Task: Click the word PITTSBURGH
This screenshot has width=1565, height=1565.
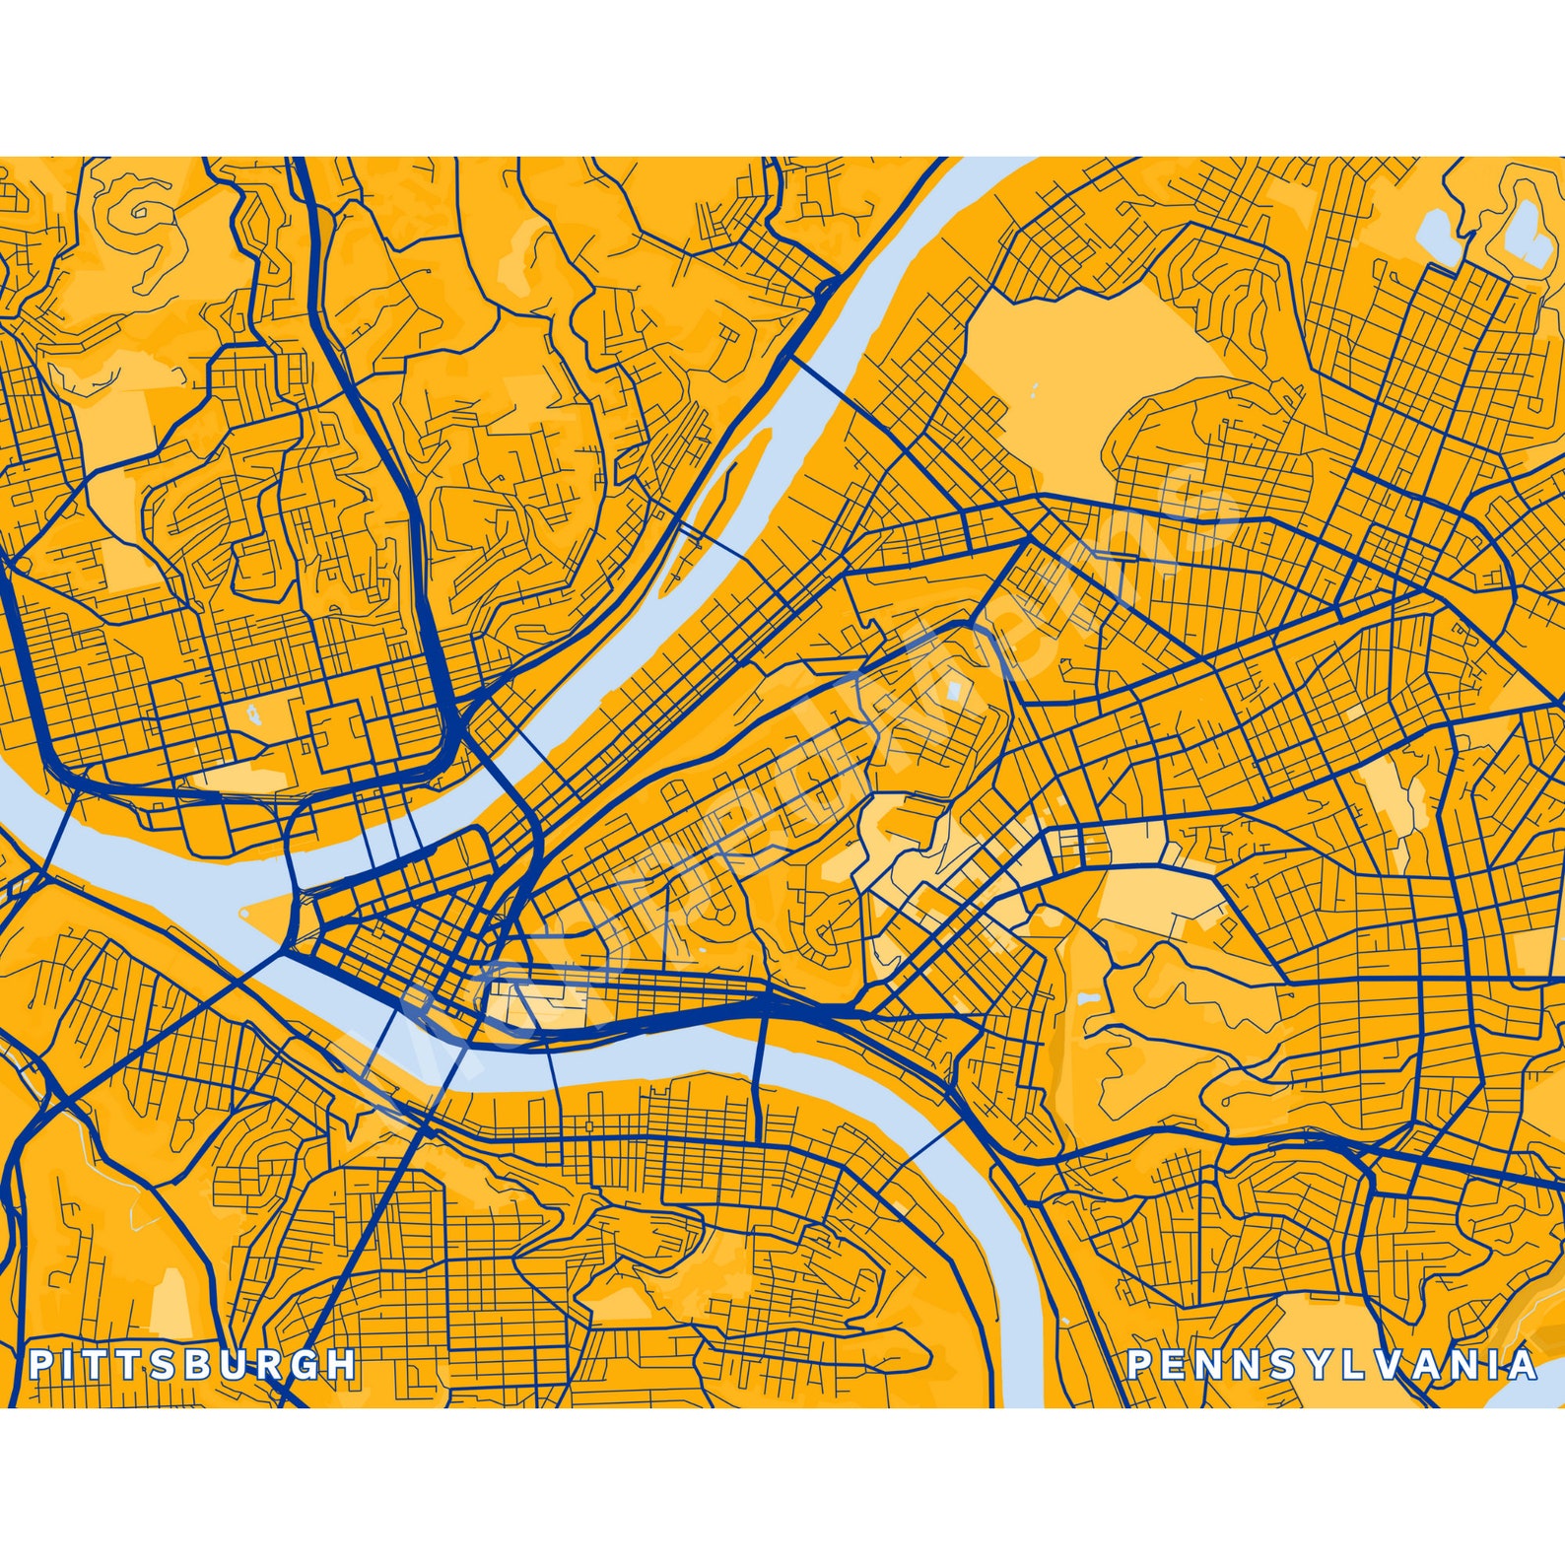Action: click(192, 1364)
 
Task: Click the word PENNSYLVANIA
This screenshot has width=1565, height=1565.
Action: click(1331, 1365)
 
